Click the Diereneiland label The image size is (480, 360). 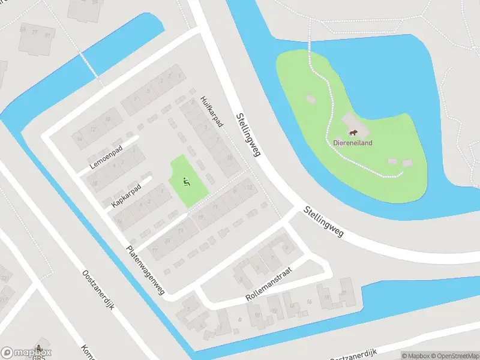(353, 143)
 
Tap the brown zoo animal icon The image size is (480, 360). (353, 132)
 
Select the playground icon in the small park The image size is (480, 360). (186, 179)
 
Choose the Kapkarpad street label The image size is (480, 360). (125, 196)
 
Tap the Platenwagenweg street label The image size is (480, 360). (145, 271)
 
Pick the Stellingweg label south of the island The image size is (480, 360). (323, 221)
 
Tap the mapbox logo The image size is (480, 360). (26, 353)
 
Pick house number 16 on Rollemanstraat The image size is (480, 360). (309, 301)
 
